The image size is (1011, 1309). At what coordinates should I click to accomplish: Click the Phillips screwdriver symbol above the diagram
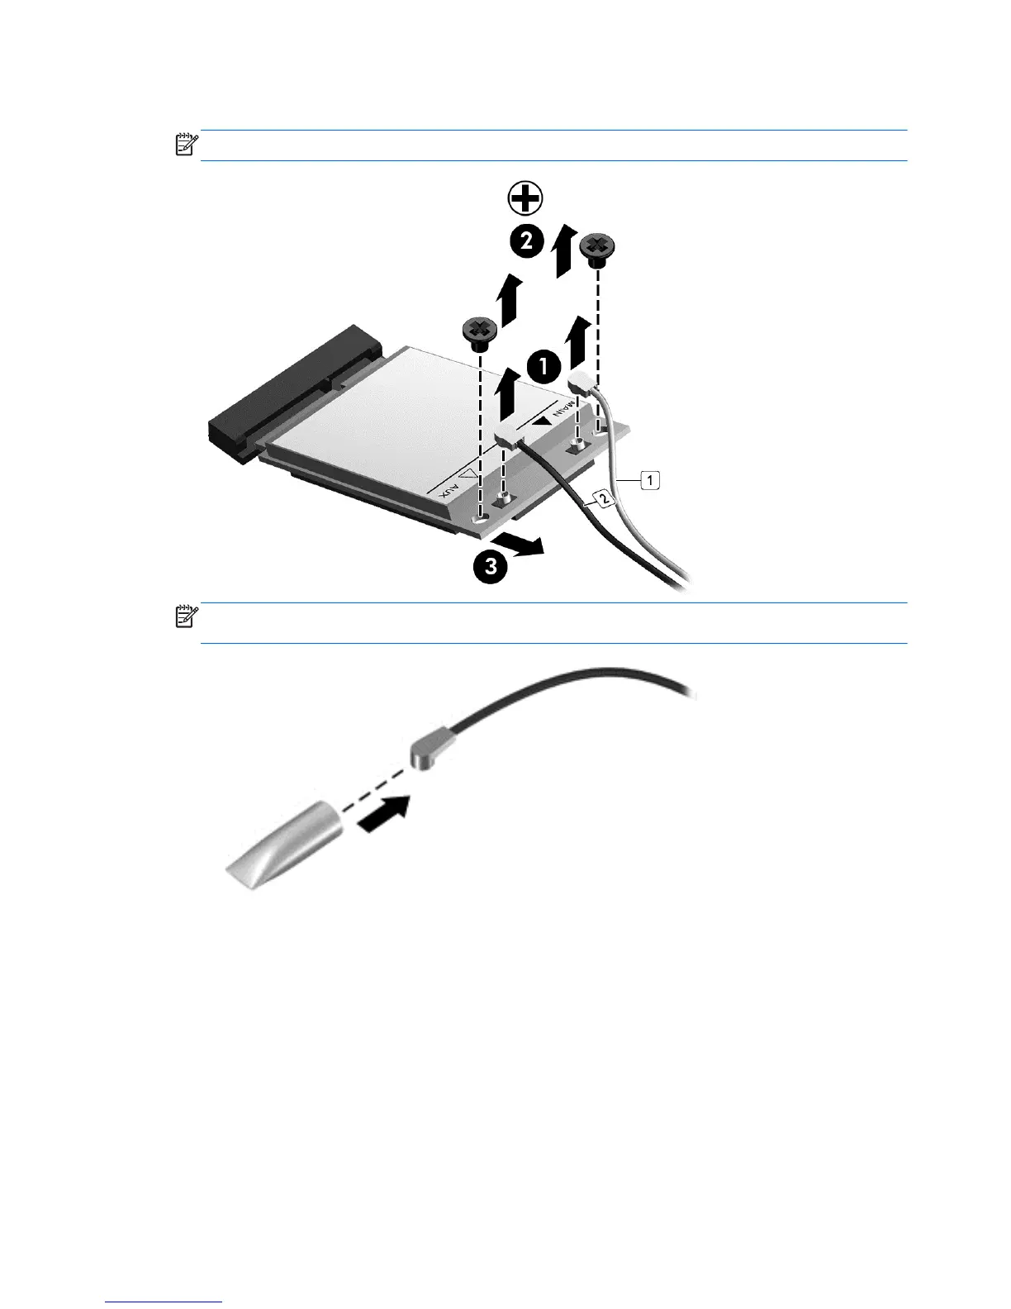point(525,198)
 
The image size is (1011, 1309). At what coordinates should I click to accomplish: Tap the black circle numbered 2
point(527,241)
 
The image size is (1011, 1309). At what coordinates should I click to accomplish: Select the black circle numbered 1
point(543,366)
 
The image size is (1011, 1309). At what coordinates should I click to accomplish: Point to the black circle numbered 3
point(491,566)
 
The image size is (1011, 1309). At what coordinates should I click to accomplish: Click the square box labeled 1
point(650,480)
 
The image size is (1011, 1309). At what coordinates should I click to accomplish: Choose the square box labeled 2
point(604,497)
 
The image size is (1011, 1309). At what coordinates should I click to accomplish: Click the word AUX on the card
point(450,490)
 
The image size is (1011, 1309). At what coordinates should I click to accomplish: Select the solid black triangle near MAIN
point(543,420)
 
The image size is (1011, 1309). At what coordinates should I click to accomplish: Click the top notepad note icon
point(186,145)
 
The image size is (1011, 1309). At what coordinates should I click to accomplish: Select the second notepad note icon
point(186,616)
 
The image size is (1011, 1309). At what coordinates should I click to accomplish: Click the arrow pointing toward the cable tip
point(384,814)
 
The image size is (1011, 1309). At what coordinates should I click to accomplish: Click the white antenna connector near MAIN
point(581,382)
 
